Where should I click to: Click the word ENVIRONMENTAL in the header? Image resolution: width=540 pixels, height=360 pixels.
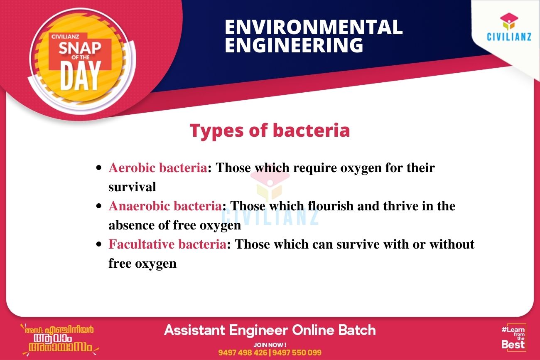314,27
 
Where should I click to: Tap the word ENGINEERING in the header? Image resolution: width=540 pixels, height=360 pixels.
294,45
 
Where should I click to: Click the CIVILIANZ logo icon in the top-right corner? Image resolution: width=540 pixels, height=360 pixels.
509,22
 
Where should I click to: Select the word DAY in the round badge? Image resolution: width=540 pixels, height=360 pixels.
81,76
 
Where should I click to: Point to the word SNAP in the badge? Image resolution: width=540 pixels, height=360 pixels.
80,47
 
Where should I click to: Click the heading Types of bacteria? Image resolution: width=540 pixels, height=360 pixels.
270,131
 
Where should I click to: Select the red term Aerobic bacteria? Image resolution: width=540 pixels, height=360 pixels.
158,168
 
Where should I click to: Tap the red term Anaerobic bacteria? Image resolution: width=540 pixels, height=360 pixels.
165,206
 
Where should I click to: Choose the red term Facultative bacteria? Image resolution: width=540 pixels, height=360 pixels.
167,244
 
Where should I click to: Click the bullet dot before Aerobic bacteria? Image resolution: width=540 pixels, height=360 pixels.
98,168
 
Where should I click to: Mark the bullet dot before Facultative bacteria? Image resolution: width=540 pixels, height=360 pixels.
98,244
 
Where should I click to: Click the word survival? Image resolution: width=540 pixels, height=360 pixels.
132,187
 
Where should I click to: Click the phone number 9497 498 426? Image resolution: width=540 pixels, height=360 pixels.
243,353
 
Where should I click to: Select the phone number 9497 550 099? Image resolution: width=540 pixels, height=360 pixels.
297,353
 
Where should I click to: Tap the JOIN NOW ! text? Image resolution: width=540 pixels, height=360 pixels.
270,345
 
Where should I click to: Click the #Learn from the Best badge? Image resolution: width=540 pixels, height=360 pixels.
513,337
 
